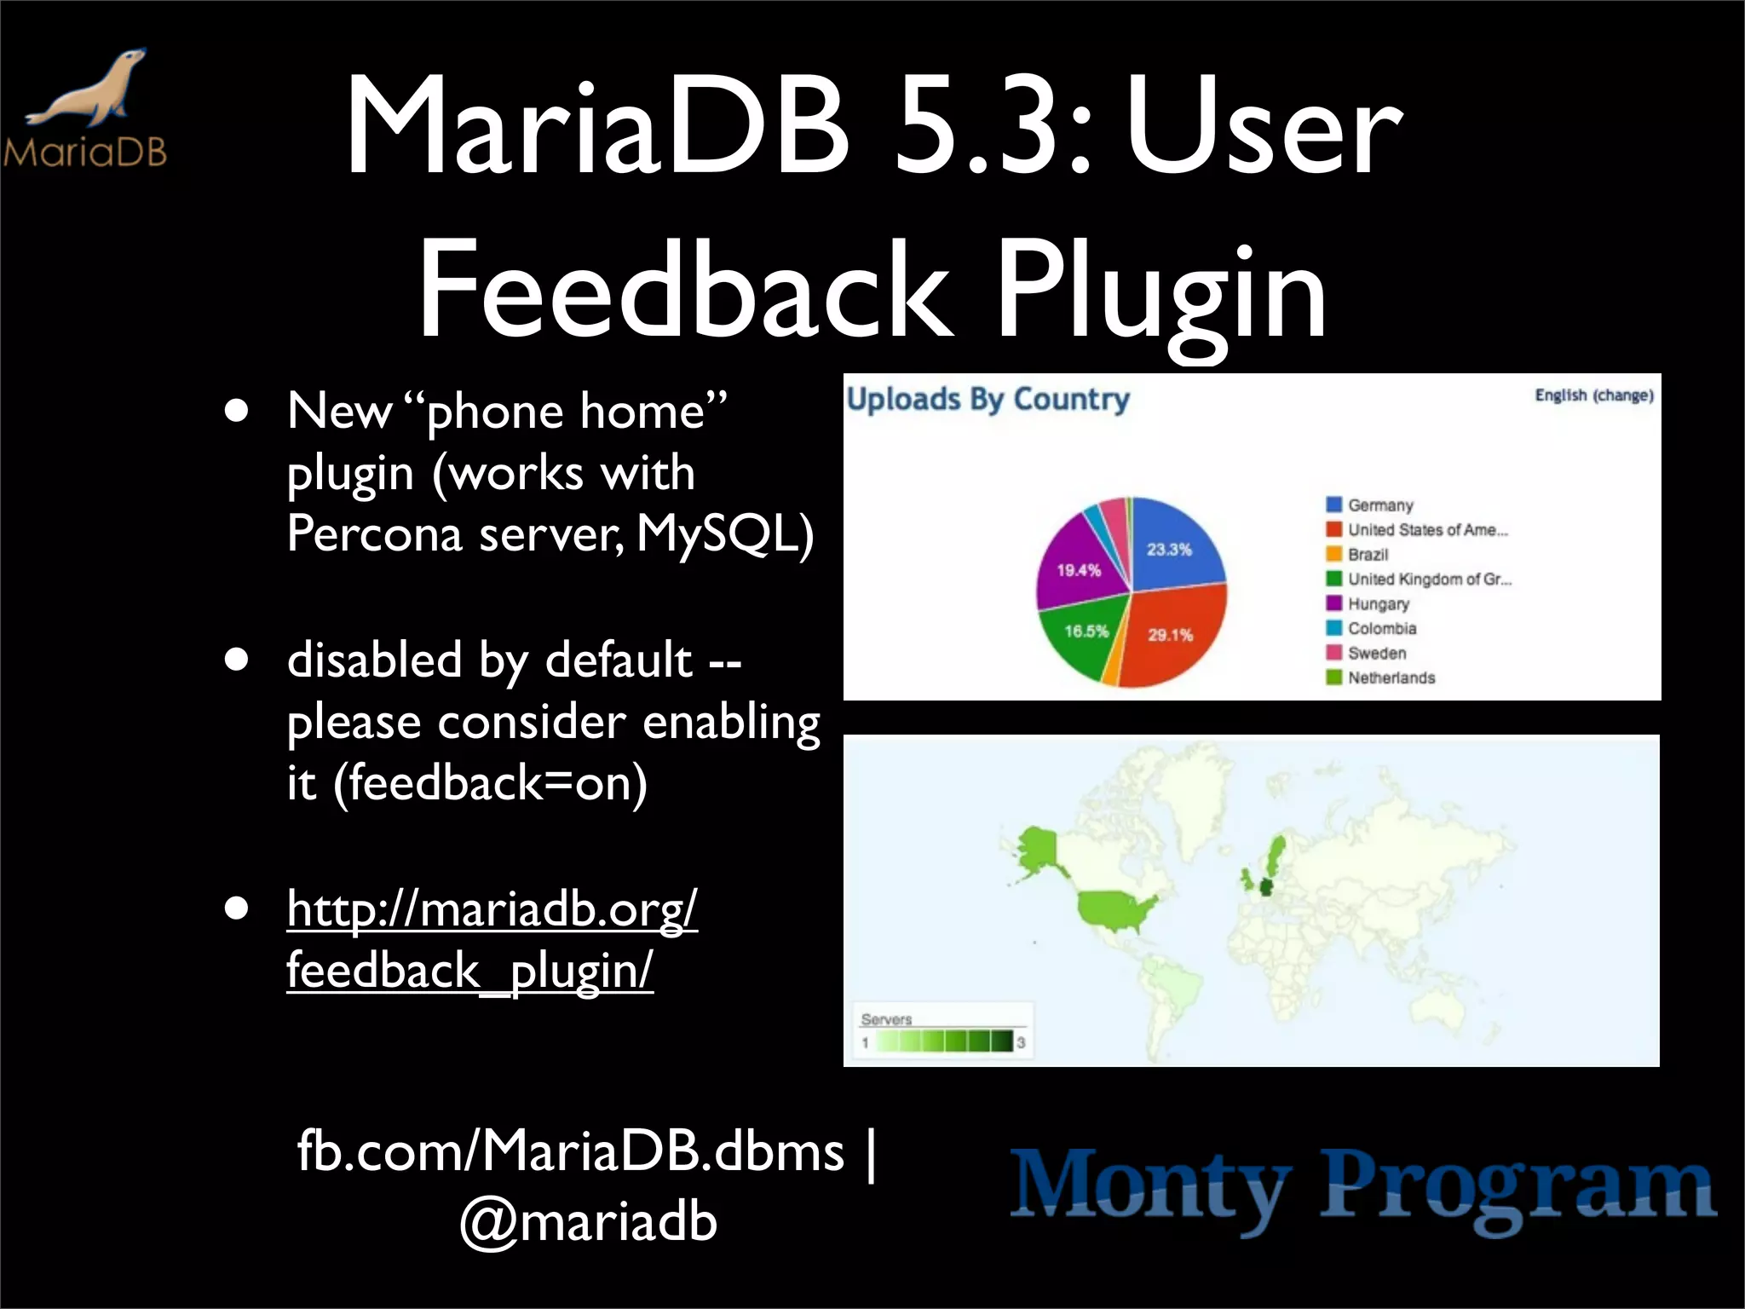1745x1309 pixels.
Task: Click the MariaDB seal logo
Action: pos(85,107)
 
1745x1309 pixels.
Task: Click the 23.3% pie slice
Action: pos(1172,545)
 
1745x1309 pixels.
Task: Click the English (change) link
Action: pos(1593,395)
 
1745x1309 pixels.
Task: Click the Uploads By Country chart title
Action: pos(988,399)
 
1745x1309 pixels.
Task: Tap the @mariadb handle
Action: pos(588,1221)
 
